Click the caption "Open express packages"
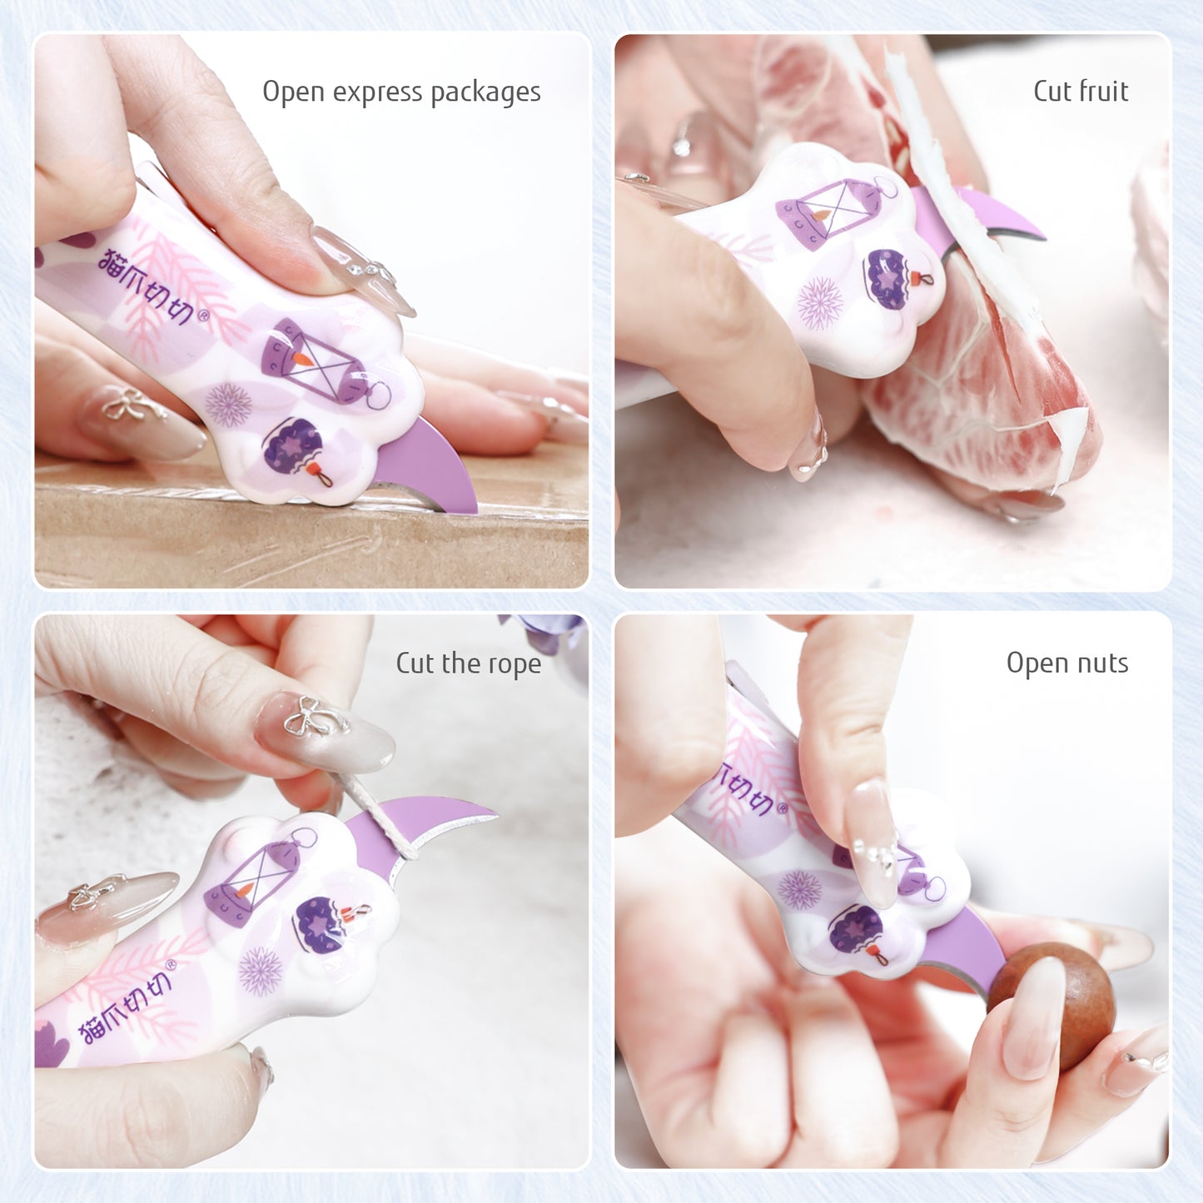pyautogui.click(x=401, y=92)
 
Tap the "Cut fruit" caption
pyautogui.click(x=1080, y=91)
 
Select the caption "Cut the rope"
pyautogui.click(x=468, y=664)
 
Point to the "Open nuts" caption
pyautogui.click(x=1066, y=663)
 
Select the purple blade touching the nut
pyautogui.click(x=966, y=949)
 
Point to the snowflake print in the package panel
pyautogui.click(x=227, y=405)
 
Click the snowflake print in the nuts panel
pyautogui.click(x=799, y=889)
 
